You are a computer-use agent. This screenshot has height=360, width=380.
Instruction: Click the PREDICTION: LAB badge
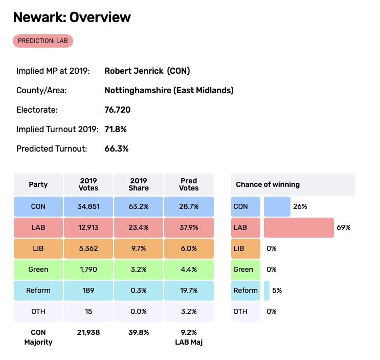pyautogui.click(x=43, y=41)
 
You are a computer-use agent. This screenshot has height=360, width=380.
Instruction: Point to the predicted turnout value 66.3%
pyautogui.click(x=116, y=149)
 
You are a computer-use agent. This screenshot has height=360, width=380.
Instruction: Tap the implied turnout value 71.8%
pyautogui.click(x=115, y=129)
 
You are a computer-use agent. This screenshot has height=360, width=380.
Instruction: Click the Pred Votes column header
pyautogui.click(x=189, y=184)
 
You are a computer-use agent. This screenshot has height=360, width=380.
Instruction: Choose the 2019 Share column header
pyautogui.click(x=139, y=184)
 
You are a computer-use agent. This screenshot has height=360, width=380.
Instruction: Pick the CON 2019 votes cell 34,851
pyautogui.click(x=88, y=206)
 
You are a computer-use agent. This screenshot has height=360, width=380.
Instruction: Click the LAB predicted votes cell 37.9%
pyautogui.click(x=189, y=227)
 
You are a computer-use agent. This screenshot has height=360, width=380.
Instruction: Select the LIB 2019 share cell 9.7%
pyautogui.click(x=139, y=248)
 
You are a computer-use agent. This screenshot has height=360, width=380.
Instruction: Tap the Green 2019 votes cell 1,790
pyautogui.click(x=88, y=269)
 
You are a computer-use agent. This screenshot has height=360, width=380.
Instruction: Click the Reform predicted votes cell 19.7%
pyautogui.click(x=189, y=290)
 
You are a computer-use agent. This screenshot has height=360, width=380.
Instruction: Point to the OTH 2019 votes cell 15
pyautogui.click(x=88, y=311)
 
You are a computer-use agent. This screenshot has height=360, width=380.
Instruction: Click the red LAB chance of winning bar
pyautogui.click(x=298, y=227)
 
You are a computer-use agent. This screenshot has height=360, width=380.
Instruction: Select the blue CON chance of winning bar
pyautogui.click(x=277, y=206)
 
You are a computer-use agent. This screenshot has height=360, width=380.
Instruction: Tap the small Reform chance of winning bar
pyautogui.click(x=266, y=290)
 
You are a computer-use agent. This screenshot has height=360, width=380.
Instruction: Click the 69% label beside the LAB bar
pyautogui.click(x=344, y=227)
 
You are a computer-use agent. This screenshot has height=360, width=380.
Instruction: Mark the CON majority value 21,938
pyautogui.click(x=88, y=332)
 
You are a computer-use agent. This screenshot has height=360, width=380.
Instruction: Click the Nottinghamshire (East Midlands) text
pyautogui.click(x=169, y=90)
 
